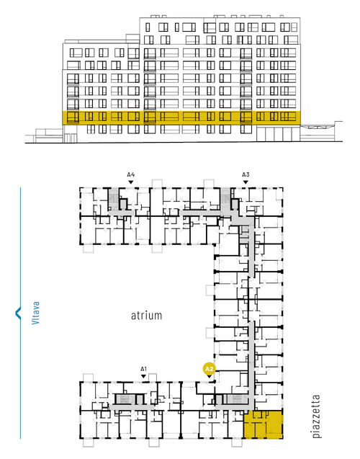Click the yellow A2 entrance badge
[x=209, y=369]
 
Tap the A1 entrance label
[x=143, y=369]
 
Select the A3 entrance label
[x=246, y=175]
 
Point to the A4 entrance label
[x=131, y=175]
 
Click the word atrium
[x=146, y=316]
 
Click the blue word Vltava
[x=35, y=313]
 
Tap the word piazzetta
[x=316, y=416]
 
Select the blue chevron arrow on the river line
[x=18, y=313]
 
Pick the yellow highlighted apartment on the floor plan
[x=264, y=424]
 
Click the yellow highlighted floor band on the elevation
[x=181, y=118]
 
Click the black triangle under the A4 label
[x=131, y=182]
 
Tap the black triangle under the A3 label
[x=246, y=182]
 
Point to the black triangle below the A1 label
[x=143, y=376]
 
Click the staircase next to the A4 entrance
[x=113, y=199]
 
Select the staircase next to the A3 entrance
[x=225, y=199]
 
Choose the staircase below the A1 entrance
[x=125, y=399]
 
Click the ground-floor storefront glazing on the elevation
[x=278, y=133]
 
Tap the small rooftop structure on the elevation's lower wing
[x=132, y=38]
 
